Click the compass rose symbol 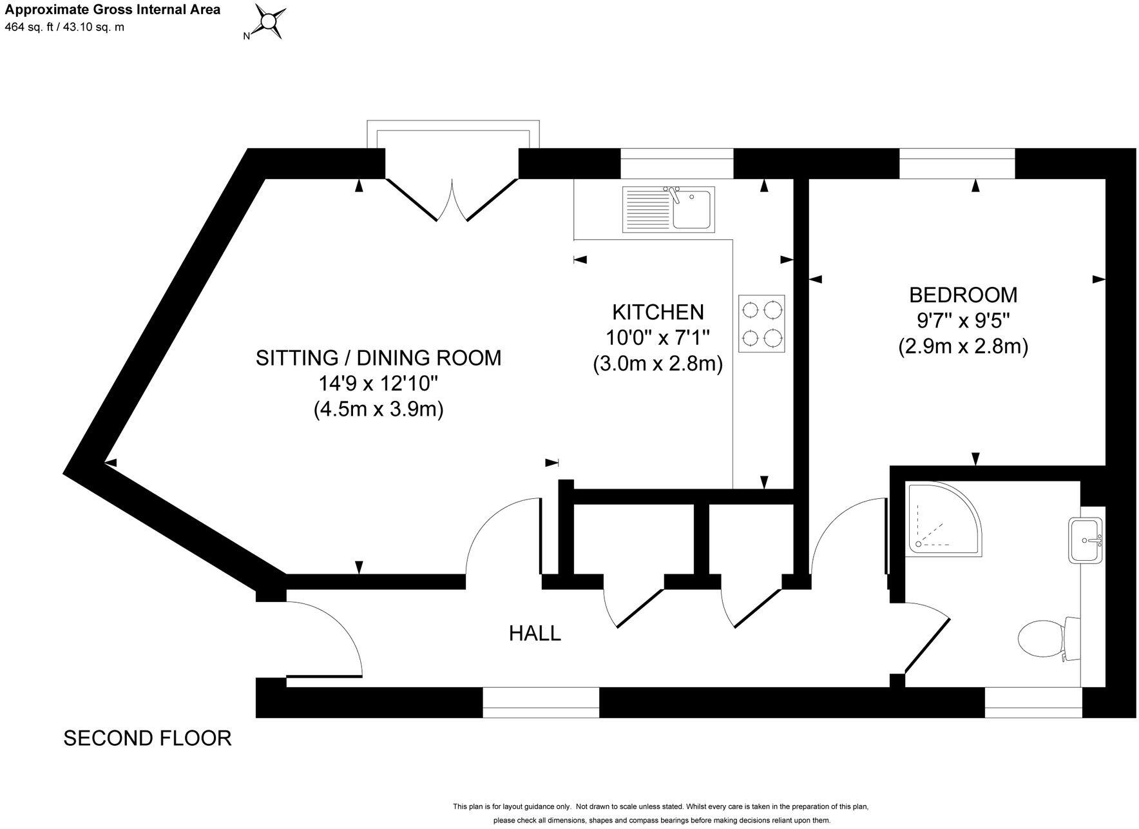pyautogui.click(x=268, y=21)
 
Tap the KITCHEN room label pyautogui.click(x=657, y=312)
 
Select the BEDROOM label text pyautogui.click(x=962, y=295)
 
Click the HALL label pyautogui.click(x=535, y=634)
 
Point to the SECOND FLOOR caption pyautogui.click(x=148, y=738)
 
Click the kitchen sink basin pyautogui.click(x=693, y=209)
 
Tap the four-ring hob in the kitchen pyautogui.click(x=761, y=324)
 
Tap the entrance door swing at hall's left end pyautogui.click(x=322, y=638)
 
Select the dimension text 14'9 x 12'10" pyautogui.click(x=378, y=384)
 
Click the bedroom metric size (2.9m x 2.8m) pyautogui.click(x=962, y=347)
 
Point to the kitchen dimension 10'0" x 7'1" pyautogui.click(x=657, y=338)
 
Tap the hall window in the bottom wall pyautogui.click(x=541, y=702)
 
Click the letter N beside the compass pyautogui.click(x=246, y=37)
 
